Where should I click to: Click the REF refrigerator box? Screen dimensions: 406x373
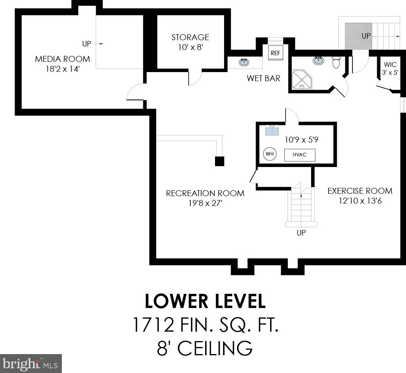tap(276, 53)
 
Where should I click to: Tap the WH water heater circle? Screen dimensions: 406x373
tap(269, 154)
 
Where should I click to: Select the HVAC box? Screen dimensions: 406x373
tap(300, 155)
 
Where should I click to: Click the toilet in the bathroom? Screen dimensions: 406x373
tap(336, 62)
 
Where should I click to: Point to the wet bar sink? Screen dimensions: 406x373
tap(244, 62)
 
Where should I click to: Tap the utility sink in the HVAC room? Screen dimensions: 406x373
tap(272, 130)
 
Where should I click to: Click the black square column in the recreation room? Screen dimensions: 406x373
tap(220, 161)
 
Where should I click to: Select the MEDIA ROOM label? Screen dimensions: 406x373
tap(62, 59)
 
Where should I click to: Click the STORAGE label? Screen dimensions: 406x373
tap(190, 37)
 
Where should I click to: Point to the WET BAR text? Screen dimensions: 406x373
tap(263, 78)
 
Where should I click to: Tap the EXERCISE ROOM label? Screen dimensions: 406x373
tap(360, 191)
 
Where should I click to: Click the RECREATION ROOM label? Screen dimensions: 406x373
tap(205, 193)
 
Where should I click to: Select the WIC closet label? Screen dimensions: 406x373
tap(390, 65)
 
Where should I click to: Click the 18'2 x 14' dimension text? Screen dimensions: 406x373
tap(62, 69)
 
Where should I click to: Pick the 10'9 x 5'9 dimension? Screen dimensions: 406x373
tap(301, 140)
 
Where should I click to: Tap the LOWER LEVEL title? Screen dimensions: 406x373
tap(205, 301)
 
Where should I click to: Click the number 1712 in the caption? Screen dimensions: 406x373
tap(153, 325)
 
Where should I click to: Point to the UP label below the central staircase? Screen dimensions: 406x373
tap(301, 233)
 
